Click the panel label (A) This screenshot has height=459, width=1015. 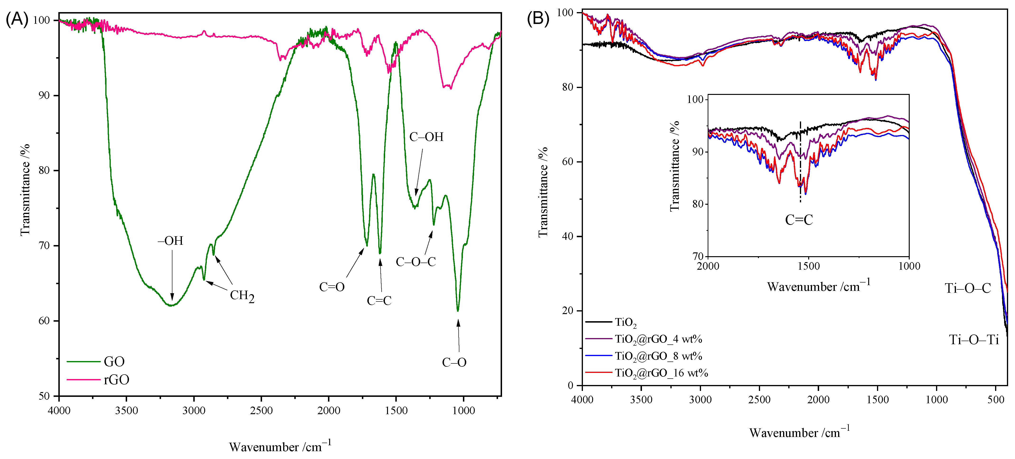point(17,19)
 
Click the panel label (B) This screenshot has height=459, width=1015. point(538,19)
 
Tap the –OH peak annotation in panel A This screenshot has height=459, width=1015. point(171,241)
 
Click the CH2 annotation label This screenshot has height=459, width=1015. point(242,296)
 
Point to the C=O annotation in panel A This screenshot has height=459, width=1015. point(332,287)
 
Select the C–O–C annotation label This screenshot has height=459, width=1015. point(416,262)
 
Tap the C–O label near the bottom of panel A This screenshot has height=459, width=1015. point(454,362)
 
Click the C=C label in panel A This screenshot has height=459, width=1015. point(379,301)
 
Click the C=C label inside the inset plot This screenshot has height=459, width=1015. point(799,220)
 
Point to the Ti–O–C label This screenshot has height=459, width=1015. point(968,288)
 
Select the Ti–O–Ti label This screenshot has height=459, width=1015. point(974,340)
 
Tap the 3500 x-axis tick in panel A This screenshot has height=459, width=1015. point(126,411)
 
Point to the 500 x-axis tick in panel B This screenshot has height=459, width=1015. point(996,399)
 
